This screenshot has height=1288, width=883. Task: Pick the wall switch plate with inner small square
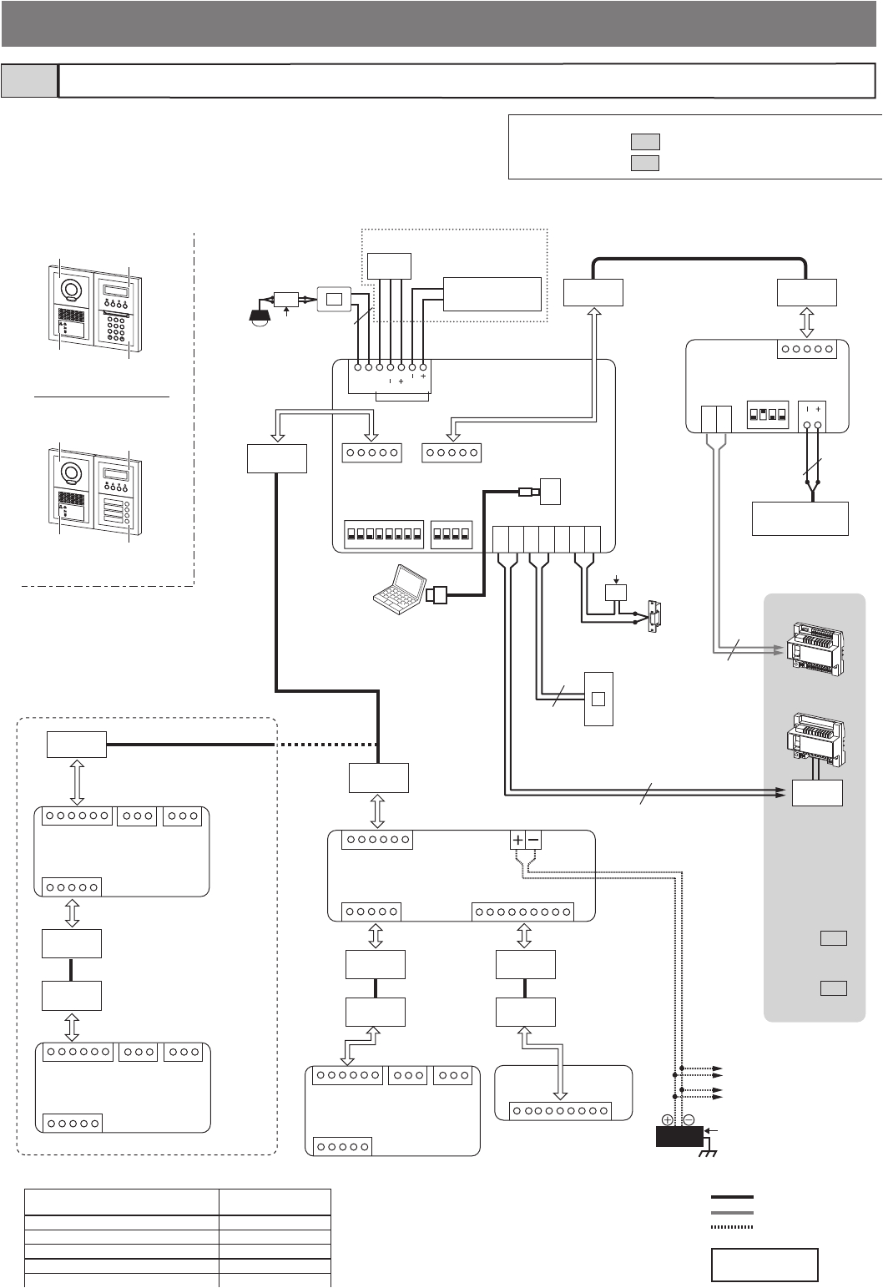(x=598, y=698)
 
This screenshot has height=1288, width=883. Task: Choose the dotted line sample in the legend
(x=731, y=1227)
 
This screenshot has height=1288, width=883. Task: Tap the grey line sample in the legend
(x=731, y=1212)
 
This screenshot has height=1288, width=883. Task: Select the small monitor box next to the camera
(x=335, y=300)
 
